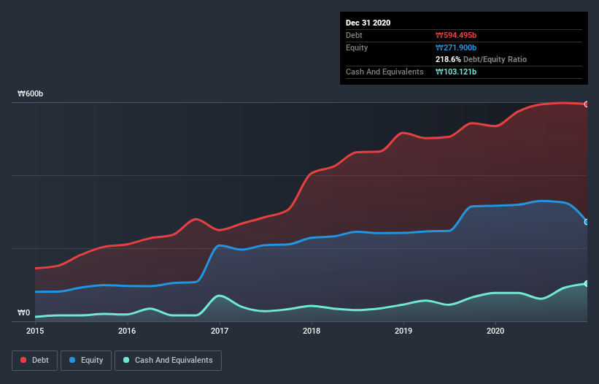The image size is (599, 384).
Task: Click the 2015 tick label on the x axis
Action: point(35,331)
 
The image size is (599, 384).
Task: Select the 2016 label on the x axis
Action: point(127,331)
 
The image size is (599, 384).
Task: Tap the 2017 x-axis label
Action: point(220,331)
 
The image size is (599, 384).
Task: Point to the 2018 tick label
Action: point(312,331)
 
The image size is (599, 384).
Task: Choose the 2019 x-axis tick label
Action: point(403,331)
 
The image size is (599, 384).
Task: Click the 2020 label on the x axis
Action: point(495,331)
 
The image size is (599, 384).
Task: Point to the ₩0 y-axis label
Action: point(24,313)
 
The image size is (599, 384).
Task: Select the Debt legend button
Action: point(34,360)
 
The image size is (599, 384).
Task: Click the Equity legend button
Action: point(86,360)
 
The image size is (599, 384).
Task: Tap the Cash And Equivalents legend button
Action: point(168,360)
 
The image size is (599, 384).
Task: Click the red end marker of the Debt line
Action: point(587,104)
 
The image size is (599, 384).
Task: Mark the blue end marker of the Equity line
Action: point(587,222)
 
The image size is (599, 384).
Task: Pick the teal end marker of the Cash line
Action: point(587,283)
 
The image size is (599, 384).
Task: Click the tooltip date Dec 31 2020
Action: point(368,23)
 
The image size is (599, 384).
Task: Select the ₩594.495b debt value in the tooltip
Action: point(456,35)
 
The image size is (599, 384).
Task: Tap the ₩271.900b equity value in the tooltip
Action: point(456,47)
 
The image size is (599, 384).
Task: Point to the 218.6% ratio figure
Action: point(448,59)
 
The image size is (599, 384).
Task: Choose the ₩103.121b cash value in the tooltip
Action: point(456,72)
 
